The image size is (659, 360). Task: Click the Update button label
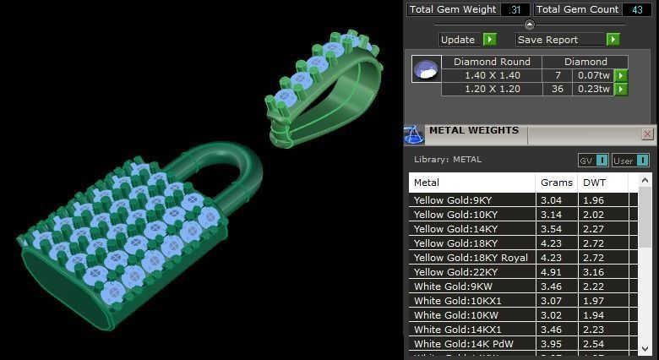(x=458, y=40)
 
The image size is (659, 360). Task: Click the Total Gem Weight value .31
(x=514, y=10)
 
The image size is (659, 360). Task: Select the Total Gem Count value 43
(x=636, y=10)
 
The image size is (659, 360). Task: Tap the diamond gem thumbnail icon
(x=427, y=69)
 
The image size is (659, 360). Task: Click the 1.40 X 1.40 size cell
(x=492, y=75)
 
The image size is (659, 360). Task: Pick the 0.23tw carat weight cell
(x=593, y=89)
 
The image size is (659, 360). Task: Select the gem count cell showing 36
(x=558, y=89)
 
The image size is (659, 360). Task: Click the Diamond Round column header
(x=492, y=62)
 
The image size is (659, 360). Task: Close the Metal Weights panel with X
(x=648, y=134)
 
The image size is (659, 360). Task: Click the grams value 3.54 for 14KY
(x=551, y=229)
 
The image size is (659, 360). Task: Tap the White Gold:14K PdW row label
(x=464, y=344)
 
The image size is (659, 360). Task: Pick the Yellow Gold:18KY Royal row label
(x=471, y=258)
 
